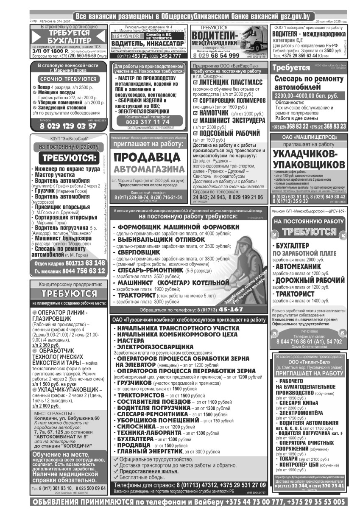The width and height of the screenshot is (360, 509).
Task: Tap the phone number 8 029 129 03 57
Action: click(x=69, y=126)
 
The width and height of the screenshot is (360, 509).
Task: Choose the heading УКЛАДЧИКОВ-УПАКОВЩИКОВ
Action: click(x=308, y=159)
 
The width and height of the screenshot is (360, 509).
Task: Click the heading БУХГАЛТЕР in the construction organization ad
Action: click(x=69, y=40)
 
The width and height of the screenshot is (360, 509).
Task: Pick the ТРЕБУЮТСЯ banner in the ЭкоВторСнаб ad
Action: click(x=69, y=158)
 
